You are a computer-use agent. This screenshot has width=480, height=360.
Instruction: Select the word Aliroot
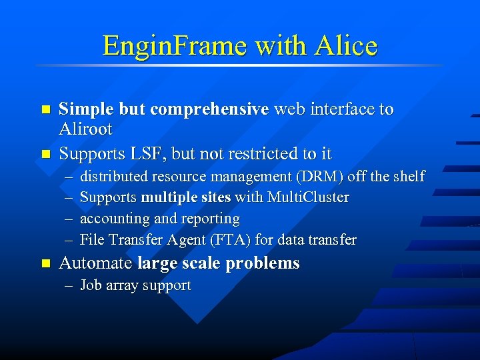click(x=86, y=129)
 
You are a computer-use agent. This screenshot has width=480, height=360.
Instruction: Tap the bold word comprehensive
click(x=209, y=109)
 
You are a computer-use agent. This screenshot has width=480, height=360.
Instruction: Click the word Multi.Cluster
click(x=308, y=197)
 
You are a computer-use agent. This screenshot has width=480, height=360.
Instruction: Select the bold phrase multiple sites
click(x=185, y=197)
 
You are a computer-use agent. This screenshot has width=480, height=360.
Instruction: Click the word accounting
click(x=115, y=219)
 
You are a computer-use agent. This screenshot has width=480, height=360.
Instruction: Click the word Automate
click(x=95, y=263)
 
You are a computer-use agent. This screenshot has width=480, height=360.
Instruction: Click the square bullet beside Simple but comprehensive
click(x=45, y=109)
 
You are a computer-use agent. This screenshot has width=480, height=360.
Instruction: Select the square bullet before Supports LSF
click(x=45, y=154)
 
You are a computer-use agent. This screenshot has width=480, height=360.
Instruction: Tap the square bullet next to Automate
click(x=45, y=263)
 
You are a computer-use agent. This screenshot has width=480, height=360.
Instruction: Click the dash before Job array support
click(x=69, y=286)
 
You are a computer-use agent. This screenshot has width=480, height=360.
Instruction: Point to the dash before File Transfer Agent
click(x=69, y=239)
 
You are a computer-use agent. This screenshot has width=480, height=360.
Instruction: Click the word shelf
click(x=408, y=176)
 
